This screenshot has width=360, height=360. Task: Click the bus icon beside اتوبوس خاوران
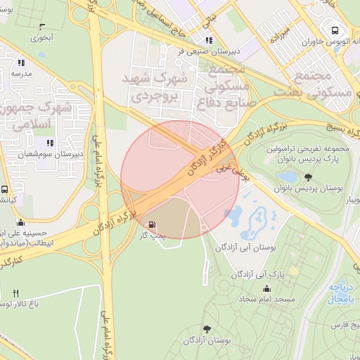point(334,30)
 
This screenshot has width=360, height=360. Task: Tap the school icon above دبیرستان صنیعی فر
point(208,40)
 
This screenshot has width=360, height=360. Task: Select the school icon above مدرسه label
point(20,62)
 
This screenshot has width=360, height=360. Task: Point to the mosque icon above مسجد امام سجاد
point(266,288)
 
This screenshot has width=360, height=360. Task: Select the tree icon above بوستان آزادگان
point(207,328)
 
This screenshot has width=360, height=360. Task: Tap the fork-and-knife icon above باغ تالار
point(16,293)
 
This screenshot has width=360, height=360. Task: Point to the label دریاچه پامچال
point(342,294)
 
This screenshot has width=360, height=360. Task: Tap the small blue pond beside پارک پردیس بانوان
point(288,176)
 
